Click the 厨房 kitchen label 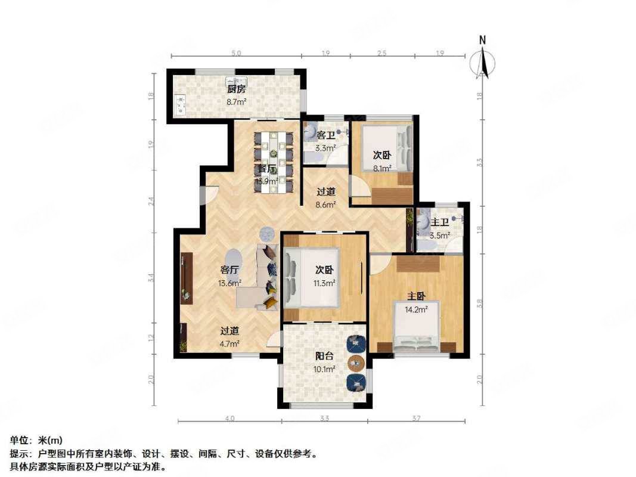(x=235, y=90)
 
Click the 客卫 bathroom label (x=325, y=136)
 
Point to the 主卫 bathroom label (x=440, y=222)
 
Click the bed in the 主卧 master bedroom (x=417, y=327)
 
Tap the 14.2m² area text (x=417, y=309)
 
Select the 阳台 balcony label (x=325, y=357)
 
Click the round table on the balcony (x=356, y=362)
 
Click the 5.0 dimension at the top (x=236, y=54)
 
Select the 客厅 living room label (x=229, y=270)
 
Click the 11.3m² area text (x=325, y=283)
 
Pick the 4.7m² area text (x=229, y=343)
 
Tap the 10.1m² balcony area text (x=325, y=368)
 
